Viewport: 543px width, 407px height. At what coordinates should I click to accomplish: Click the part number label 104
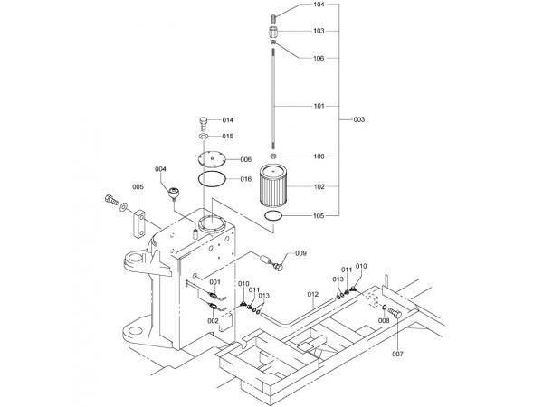(x=319, y=5)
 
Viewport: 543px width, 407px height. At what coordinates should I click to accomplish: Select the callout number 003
(x=358, y=119)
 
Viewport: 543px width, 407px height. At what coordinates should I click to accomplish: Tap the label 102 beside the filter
(x=319, y=186)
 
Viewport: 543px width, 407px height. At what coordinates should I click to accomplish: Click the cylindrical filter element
(x=273, y=185)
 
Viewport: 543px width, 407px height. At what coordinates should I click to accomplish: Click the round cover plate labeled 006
(x=212, y=159)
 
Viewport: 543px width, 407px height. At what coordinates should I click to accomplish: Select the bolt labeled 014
(x=204, y=124)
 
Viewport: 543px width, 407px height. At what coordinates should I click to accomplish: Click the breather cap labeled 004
(x=174, y=194)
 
